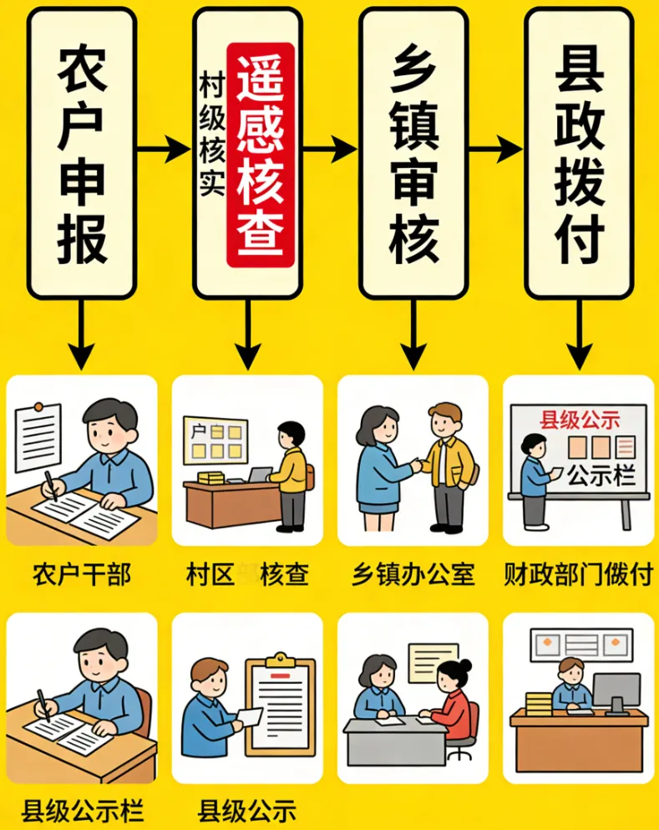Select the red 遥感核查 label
[261, 155]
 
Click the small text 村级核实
[210, 134]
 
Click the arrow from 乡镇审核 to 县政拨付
[495, 150]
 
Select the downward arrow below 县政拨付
[578, 334]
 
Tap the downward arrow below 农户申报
[82, 334]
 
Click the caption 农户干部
[81, 575]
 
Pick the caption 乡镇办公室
[413, 575]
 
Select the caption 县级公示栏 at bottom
[82, 810]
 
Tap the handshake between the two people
[414, 465]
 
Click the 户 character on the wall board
[199, 432]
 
